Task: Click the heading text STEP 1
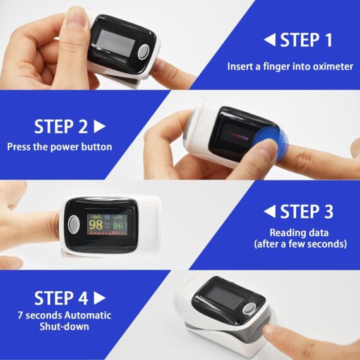point(306,40)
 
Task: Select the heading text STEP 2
point(61,126)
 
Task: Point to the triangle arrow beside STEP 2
point(99,126)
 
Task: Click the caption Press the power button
point(59,147)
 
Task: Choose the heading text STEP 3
point(306,211)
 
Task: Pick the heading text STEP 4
point(61,297)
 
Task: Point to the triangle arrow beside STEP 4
point(99,297)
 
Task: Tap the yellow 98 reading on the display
point(96,224)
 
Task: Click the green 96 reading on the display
point(117,224)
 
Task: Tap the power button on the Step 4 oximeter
point(249,309)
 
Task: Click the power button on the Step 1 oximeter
point(145,51)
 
